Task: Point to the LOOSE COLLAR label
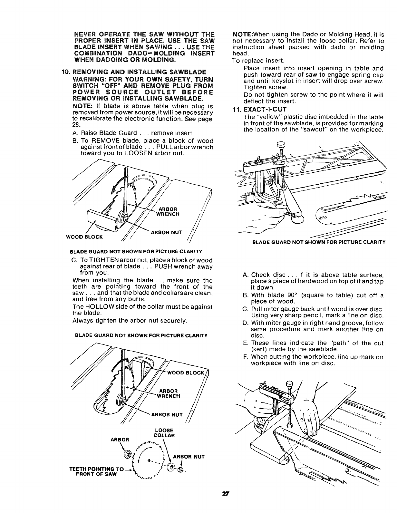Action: pyautogui.click(x=164, y=433)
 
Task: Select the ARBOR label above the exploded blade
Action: pyautogui.click(x=120, y=440)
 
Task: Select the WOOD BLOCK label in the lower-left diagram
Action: pyautogui.click(x=190, y=373)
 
